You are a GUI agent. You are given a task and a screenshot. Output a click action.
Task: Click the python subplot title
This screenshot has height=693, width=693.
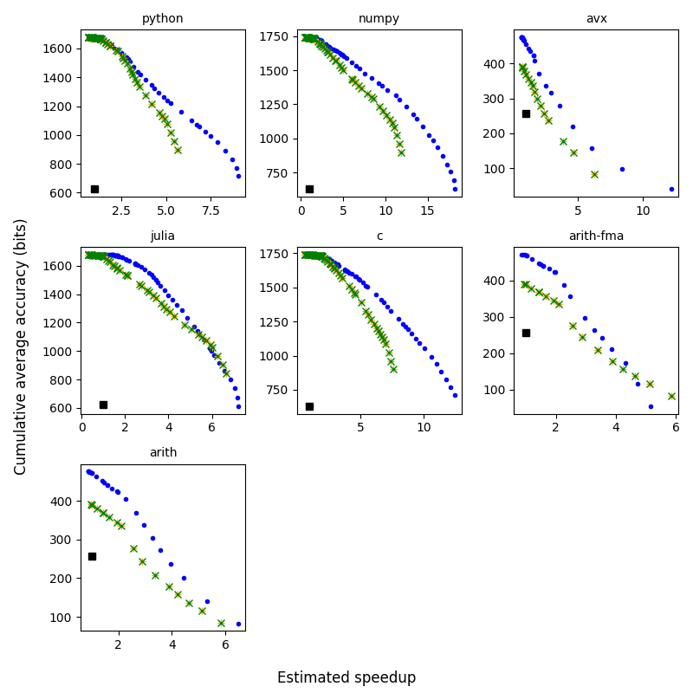pos(163,19)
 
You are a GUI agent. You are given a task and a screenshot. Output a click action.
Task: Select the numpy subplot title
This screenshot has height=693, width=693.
pos(379,19)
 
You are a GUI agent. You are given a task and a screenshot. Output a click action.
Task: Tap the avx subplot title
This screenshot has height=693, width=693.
pos(596,19)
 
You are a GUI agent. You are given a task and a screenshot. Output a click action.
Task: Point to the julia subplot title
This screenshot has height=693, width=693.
pos(163,236)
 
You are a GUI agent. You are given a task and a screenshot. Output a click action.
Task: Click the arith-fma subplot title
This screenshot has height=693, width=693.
pos(596,236)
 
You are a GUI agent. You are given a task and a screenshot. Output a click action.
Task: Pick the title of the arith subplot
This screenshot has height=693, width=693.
pos(163,452)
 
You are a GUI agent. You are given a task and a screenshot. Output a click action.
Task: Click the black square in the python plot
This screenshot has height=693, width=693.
pos(94,189)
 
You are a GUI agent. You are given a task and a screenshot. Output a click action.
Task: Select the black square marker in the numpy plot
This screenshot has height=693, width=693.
pos(309,189)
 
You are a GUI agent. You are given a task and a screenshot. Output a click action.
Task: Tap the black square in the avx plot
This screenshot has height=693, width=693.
pos(526,113)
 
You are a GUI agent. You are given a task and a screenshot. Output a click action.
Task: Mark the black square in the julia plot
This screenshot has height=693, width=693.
pos(103,405)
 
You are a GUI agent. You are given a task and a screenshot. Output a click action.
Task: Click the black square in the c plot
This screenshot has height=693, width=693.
pos(309,406)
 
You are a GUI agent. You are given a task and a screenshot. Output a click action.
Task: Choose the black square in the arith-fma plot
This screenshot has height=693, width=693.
pos(526,333)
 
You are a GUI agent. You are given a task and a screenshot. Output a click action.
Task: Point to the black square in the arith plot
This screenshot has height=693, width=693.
pos(92,556)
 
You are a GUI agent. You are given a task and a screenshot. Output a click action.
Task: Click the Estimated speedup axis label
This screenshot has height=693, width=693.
pos(346,678)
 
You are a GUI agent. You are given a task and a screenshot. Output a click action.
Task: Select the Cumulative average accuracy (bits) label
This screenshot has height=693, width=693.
pos(22,346)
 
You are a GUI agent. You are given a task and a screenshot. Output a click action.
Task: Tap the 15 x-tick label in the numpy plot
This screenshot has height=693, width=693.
pos(427,209)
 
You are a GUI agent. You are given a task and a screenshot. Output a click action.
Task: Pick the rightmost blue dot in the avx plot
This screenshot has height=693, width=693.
pos(671,189)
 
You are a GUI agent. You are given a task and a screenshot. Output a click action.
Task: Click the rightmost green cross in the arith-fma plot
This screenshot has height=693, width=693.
pos(671,396)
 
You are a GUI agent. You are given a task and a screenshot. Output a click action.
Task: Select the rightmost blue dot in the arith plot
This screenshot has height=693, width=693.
pos(238,624)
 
